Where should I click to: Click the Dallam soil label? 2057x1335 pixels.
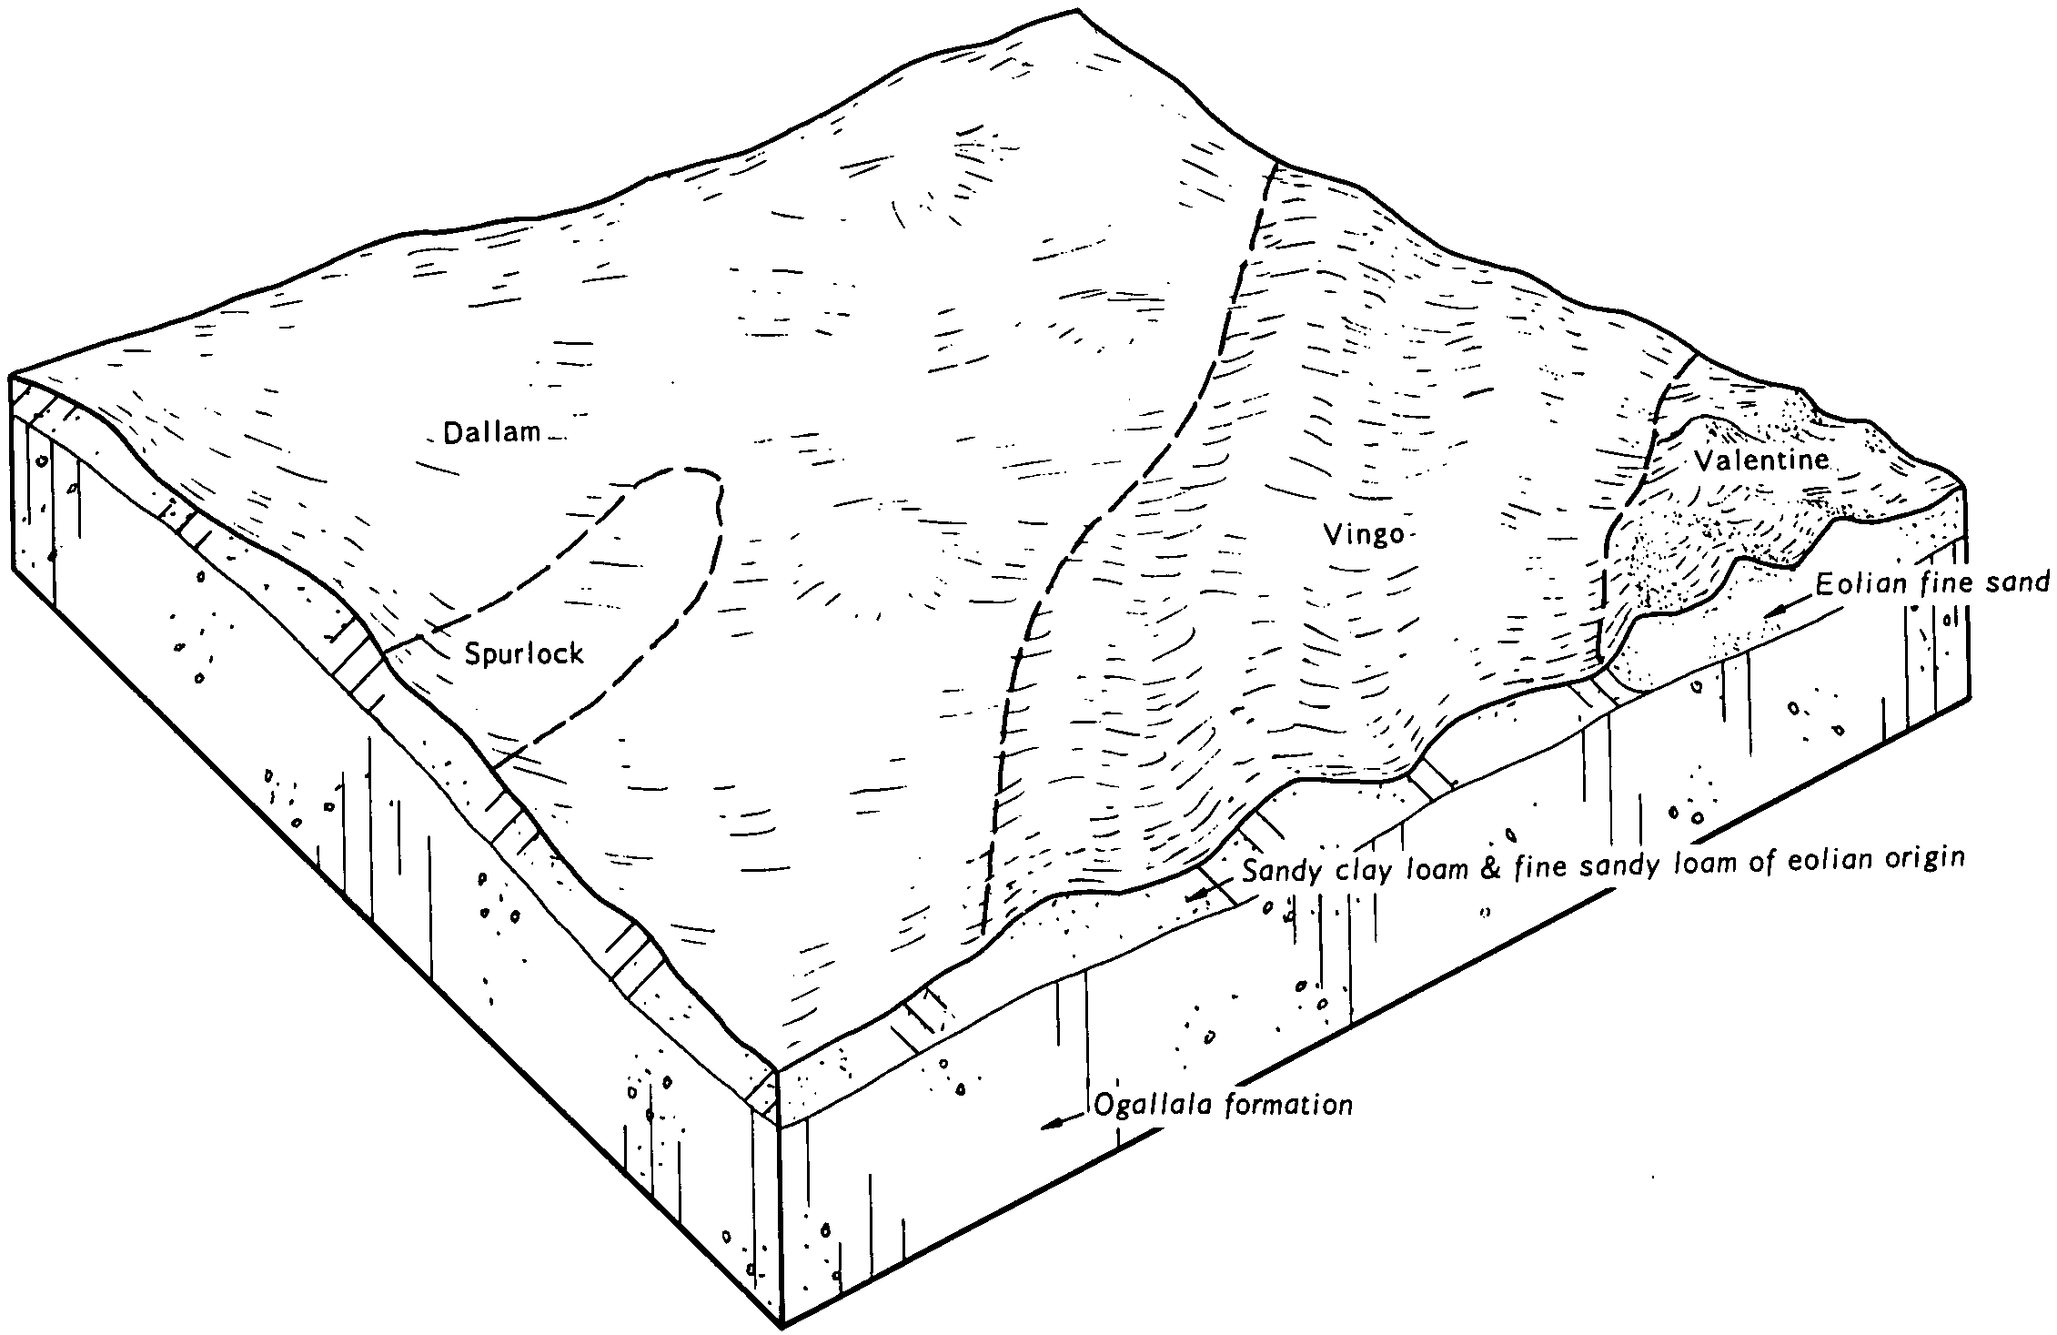coord(491,432)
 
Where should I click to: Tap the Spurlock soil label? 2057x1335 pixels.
coord(524,652)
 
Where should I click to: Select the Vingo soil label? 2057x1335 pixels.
coord(1364,536)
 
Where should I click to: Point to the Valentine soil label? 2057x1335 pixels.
coord(1761,460)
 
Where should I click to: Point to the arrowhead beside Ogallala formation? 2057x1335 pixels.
coord(1053,1122)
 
